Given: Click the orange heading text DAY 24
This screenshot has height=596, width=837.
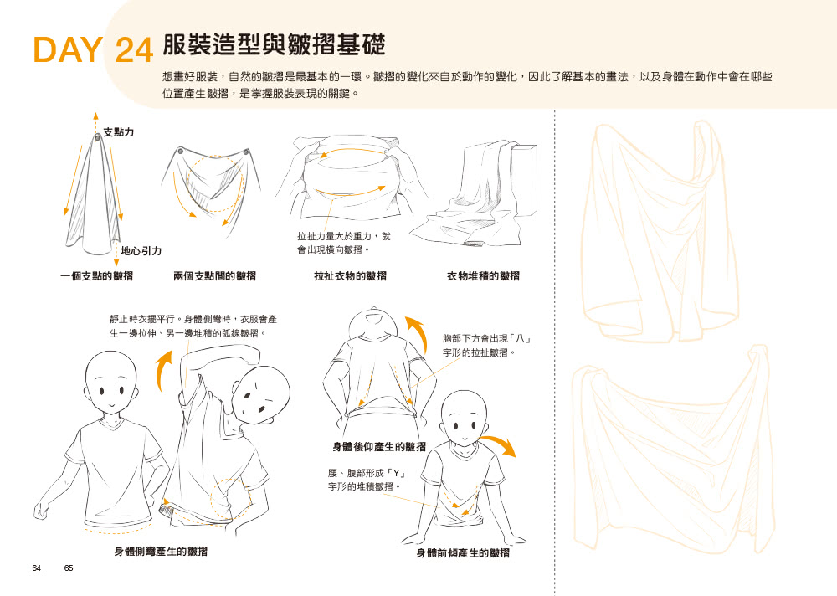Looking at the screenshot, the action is click(x=94, y=50).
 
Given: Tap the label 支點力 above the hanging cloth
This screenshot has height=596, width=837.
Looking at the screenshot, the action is click(x=119, y=132).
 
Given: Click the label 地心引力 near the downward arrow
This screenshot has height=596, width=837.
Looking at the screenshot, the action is click(x=141, y=250).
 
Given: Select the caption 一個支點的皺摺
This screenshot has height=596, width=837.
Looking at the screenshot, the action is click(x=96, y=276).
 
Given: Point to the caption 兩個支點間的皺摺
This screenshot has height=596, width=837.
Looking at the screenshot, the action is click(x=214, y=276).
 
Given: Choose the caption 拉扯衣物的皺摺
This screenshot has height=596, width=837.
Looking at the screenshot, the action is click(x=350, y=276).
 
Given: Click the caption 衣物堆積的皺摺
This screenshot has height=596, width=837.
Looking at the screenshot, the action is click(x=483, y=276).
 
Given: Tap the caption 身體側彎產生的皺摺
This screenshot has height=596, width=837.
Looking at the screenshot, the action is click(x=161, y=551).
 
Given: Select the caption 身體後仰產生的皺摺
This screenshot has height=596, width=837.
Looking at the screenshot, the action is click(x=379, y=446).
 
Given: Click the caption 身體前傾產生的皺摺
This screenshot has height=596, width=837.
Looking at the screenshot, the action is click(x=463, y=553).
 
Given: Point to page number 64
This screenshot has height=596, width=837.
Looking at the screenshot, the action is click(x=36, y=568).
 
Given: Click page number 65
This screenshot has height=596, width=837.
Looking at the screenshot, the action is click(x=69, y=568).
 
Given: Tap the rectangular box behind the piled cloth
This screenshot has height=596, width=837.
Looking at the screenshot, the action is click(x=524, y=179).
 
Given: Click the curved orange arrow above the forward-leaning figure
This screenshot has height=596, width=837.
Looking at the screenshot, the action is click(x=499, y=444).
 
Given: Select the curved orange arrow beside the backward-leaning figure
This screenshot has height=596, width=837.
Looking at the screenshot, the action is click(x=419, y=332).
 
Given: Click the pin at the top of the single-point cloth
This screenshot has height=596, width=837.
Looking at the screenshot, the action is click(x=98, y=138).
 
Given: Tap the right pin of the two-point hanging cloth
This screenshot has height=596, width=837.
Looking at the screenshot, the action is click(x=246, y=152).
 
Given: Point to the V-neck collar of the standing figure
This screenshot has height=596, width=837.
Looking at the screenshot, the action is click(x=111, y=424).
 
